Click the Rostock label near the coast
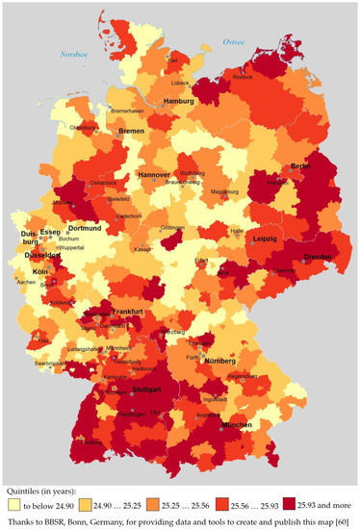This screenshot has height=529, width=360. pyautogui.click(x=270, y=77)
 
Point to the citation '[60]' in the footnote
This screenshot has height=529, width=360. pyautogui.click(x=335, y=519)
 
